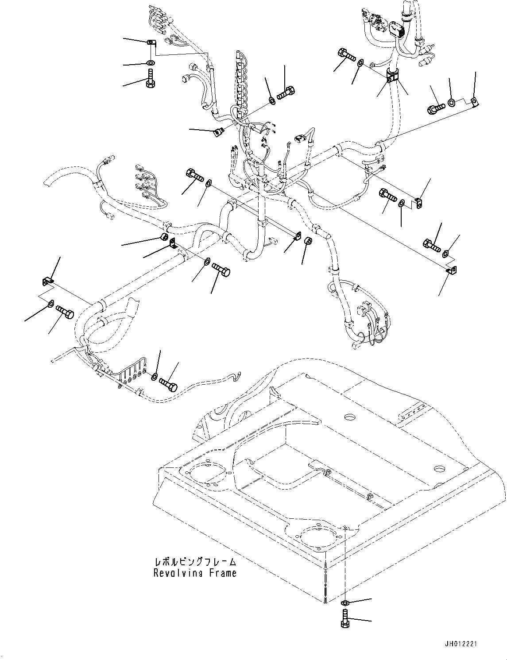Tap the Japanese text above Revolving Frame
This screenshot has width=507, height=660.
[x=195, y=562]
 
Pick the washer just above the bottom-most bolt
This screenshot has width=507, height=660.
[x=345, y=602]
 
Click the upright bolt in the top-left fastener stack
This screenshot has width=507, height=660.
[x=150, y=79]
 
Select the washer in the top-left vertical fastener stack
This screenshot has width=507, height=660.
[x=150, y=63]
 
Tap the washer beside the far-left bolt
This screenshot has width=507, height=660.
[x=50, y=304]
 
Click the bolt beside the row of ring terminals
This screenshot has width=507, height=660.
[x=168, y=383]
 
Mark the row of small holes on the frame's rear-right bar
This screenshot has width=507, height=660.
[x=410, y=415]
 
